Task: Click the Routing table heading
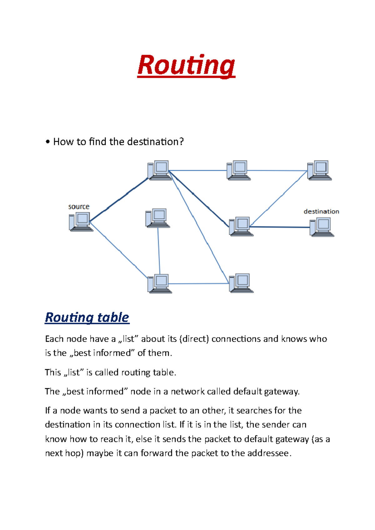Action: click(87, 317)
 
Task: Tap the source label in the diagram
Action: click(79, 207)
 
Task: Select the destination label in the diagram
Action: click(321, 211)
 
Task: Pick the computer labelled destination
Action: click(322, 227)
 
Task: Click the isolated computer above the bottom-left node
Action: click(157, 218)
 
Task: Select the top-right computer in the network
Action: click(319, 170)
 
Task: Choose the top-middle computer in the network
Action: click(238, 170)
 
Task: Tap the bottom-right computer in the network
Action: click(241, 283)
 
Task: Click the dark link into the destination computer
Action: click(280, 227)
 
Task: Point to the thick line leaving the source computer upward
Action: click(119, 200)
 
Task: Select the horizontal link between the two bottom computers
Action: click(199, 283)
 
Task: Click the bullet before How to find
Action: click(47, 142)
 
